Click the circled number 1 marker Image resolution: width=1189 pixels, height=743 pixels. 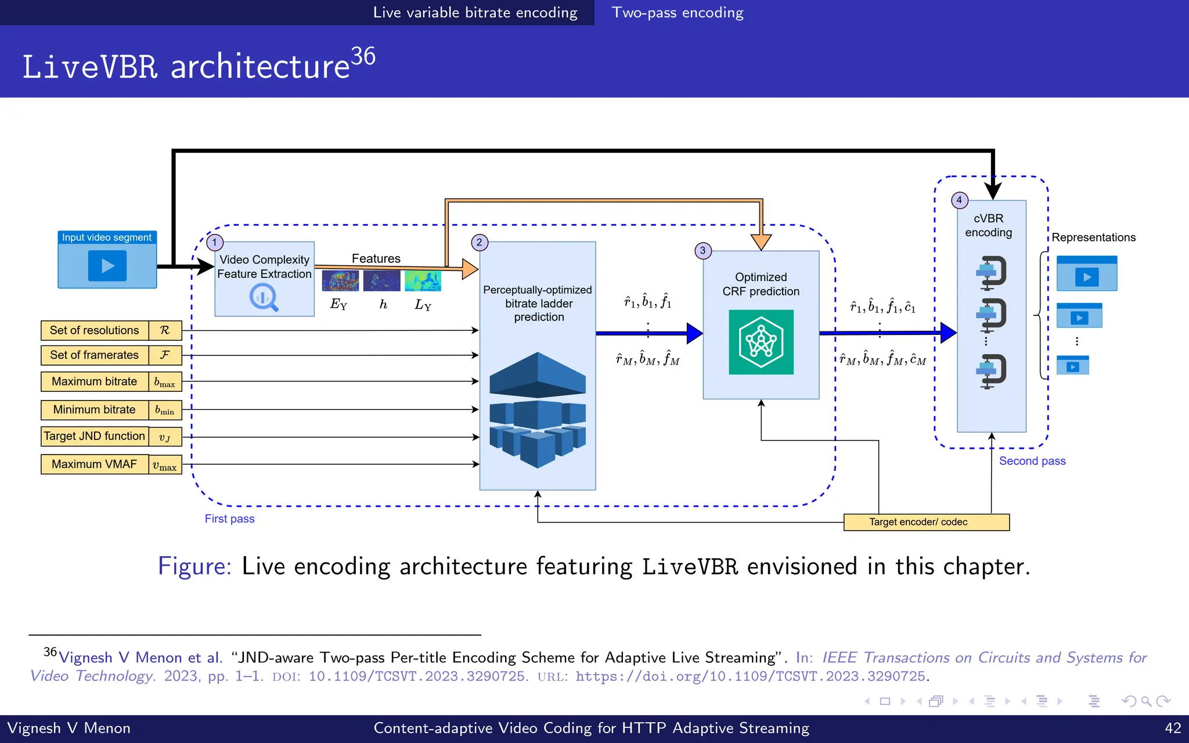(x=215, y=242)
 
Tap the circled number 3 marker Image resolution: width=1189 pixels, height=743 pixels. (x=702, y=251)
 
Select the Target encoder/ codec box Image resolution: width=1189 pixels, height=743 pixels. (x=926, y=522)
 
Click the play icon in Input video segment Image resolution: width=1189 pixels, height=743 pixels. (x=107, y=266)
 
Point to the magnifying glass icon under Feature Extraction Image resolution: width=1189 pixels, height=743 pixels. (x=264, y=297)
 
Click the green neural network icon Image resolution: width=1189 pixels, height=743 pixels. (x=761, y=342)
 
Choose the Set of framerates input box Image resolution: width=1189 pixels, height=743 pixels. (x=95, y=355)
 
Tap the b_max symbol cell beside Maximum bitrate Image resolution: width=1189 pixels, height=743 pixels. (x=165, y=382)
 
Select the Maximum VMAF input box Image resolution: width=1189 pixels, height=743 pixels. (x=95, y=464)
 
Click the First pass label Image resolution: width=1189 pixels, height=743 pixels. (x=229, y=519)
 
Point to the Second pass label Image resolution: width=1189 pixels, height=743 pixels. (x=1032, y=461)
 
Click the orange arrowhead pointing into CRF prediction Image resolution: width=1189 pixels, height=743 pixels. (x=761, y=241)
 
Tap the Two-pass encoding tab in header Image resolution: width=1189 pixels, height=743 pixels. (x=678, y=13)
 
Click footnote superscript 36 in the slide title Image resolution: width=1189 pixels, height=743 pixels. (x=363, y=56)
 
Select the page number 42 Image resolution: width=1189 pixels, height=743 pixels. (x=1173, y=728)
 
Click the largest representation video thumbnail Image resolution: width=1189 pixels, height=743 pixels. (x=1087, y=273)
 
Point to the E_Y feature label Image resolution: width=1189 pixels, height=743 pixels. (x=338, y=304)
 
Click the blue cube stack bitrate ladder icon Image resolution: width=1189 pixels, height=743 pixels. (x=538, y=409)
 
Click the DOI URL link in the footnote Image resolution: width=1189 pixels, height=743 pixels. (x=750, y=676)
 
